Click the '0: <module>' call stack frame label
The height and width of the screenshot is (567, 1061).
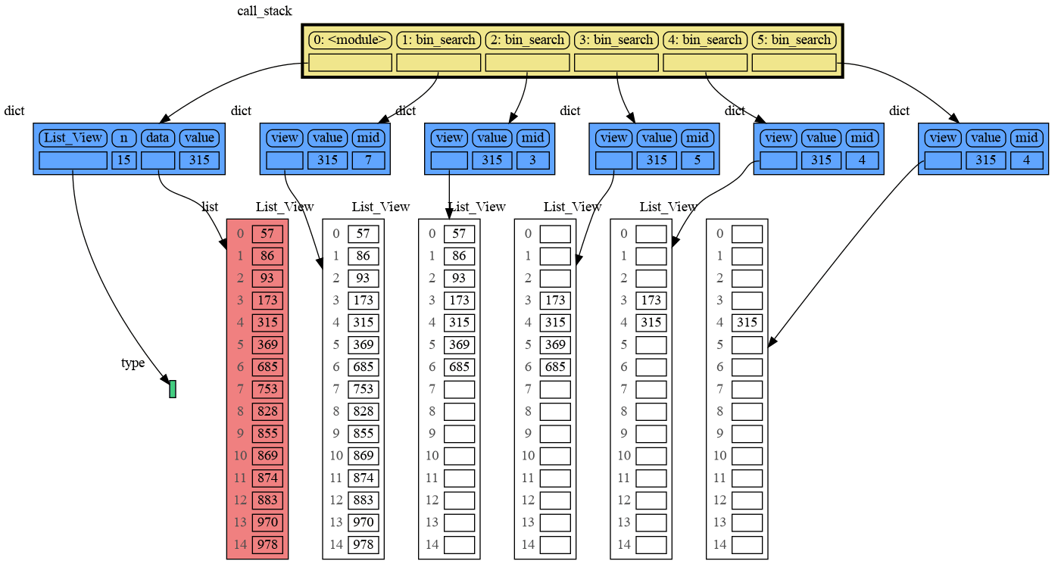coord(349,39)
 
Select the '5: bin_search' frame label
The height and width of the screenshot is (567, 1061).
coord(794,39)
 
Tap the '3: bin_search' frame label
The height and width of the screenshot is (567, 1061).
coord(616,39)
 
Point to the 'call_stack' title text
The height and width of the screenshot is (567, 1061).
coord(264,11)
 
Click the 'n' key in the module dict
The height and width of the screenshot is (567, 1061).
coord(123,138)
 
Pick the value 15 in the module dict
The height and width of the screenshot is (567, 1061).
coord(123,160)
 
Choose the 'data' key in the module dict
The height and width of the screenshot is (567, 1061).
coord(158,138)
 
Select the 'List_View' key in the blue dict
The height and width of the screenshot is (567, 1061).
coord(73,138)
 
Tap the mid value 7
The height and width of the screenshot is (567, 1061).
coord(368,160)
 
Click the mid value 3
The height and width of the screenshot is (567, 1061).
coord(532,160)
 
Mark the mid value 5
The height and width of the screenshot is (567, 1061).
coord(697,160)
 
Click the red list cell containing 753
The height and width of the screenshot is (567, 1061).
coord(267,389)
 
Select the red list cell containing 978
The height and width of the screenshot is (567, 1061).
coord(267,544)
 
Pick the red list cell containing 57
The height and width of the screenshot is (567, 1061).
coord(267,234)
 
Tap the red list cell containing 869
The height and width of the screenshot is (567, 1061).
coord(267,456)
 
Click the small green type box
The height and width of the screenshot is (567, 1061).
coord(173,389)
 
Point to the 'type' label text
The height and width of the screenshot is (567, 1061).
coord(133,363)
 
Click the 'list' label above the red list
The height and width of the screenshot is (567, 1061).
coord(210,207)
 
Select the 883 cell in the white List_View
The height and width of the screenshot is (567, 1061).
coord(363,500)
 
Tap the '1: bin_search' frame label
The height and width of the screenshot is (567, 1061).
coord(438,39)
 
